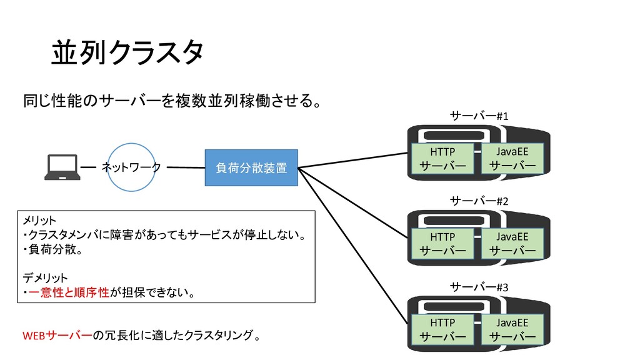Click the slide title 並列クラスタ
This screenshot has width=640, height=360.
127,52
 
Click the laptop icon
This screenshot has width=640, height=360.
62,167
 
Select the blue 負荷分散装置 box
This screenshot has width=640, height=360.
251,167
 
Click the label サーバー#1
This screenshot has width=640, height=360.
479,116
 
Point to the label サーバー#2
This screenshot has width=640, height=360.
479,201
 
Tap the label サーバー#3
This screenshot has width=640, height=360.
479,287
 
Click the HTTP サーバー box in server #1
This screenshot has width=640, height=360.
442,159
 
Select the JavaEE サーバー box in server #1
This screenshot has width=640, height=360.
512,159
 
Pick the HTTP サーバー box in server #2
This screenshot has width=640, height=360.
442,244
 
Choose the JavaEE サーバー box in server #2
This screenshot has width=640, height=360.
512,244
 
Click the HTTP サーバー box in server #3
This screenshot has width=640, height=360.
442,329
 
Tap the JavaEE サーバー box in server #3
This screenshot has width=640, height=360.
512,329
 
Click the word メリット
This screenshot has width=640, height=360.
39,221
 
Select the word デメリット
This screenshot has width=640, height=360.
45,278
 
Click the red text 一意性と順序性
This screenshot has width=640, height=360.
69,292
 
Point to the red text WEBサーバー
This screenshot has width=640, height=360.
57,336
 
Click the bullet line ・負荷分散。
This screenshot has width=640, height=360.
52,249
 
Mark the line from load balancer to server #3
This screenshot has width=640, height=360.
353,246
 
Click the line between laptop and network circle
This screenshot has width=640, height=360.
88,167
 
